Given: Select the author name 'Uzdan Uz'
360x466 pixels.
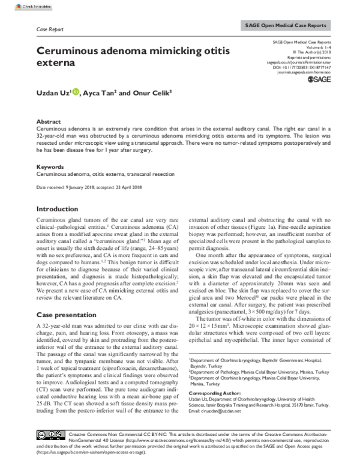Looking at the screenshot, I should [x=53, y=94].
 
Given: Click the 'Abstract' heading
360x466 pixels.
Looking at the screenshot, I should [x=49, y=121].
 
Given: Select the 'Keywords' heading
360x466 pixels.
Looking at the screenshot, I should [x=50, y=166].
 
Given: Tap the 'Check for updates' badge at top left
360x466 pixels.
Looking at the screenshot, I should [x=19, y=5].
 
